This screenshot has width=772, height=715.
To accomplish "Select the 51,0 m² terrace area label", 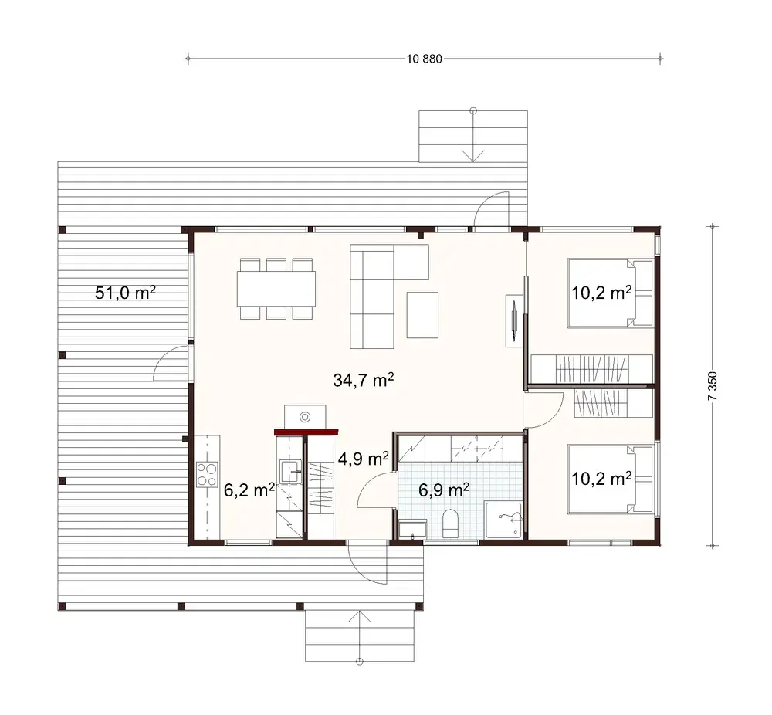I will (x=126, y=293).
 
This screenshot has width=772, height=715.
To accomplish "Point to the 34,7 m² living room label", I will (x=364, y=380).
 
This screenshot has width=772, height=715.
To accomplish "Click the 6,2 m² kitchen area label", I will (x=249, y=490).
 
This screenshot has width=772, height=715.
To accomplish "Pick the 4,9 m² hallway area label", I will (x=363, y=459).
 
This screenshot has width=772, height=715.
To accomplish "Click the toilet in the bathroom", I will (x=452, y=524).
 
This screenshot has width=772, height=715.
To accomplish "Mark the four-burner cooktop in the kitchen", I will (x=206, y=473).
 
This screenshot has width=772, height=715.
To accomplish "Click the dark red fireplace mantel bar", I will (x=306, y=432).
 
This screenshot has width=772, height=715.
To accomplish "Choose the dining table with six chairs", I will (x=276, y=289).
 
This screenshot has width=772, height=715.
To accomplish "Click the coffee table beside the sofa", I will (x=422, y=314).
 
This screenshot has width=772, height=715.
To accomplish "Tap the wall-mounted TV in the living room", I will (x=513, y=320).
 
